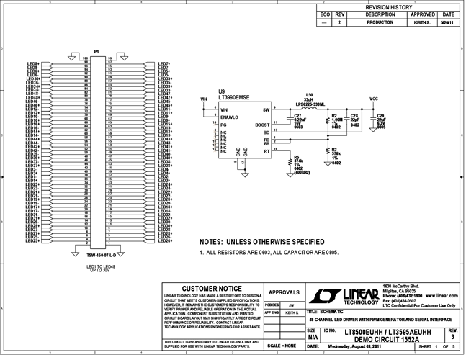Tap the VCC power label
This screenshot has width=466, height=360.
click(373, 99)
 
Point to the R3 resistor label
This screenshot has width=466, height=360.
click(335, 149)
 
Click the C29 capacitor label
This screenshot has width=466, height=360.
click(381, 114)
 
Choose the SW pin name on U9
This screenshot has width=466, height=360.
click(265, 109)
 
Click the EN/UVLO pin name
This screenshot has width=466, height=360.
click(230, 117)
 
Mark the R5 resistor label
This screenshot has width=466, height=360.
click(297, 156)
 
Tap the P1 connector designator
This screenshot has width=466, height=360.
click(97, 52)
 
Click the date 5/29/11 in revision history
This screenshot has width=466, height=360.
click(449, 23)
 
